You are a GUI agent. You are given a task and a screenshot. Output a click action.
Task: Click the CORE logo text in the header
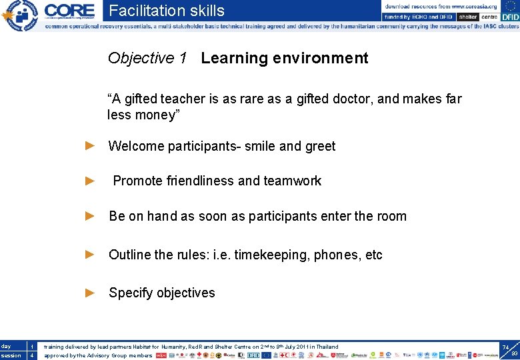[69, 10]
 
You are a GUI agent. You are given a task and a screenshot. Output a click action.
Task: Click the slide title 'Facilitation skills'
[167, 11]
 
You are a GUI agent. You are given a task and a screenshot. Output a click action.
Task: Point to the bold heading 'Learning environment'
[284, 59]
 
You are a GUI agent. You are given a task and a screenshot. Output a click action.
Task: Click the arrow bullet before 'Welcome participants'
[91, 145]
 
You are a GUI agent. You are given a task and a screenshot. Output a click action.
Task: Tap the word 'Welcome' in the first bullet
[135, 146]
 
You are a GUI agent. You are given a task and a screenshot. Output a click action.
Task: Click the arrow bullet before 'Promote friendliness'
[91, 181]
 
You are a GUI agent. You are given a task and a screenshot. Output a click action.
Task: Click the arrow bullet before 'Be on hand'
[91, 216]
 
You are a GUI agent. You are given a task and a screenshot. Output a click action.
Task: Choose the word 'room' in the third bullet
[391, 216]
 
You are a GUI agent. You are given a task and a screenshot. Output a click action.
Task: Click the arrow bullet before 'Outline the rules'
[91, 255]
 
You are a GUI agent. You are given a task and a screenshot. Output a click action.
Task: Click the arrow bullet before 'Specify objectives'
[91, 293]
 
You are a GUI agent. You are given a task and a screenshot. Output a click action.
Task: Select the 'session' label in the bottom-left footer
[10, 355]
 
